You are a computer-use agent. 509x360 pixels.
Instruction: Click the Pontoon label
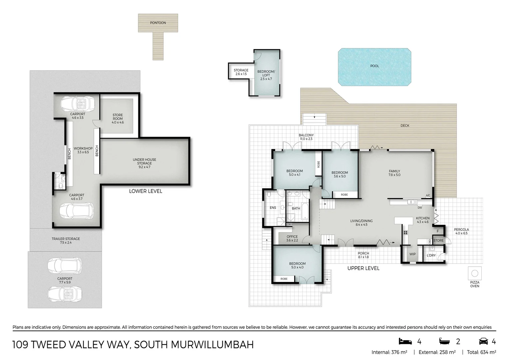click(x=158, y=23)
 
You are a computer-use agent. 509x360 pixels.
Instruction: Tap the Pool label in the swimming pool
click(x=374, y=66)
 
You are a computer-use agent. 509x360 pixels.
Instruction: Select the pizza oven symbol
click(x=475, y=273)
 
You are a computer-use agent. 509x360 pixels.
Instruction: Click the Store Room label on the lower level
click(x=118, y=119)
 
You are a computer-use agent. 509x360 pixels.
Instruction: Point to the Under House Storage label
click(x=144, y=163)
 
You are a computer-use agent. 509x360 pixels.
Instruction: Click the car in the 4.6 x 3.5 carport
click(x=78, y=104)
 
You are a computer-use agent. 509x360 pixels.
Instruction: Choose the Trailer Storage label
click(x=66, y=240)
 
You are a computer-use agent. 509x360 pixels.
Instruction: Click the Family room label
click(x=394, y=173)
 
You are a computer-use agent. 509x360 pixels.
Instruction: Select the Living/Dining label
click(x=361, y=222)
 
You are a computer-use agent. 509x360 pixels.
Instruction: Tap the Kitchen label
click(x=423, y=220)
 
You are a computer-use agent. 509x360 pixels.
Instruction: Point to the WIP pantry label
click(x=412, y=254)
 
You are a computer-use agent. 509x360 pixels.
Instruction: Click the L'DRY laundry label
click(x=431, y=255)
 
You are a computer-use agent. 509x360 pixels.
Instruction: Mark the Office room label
click(x=292, y=238)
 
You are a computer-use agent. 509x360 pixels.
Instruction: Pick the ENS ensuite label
click(x=273, y=208)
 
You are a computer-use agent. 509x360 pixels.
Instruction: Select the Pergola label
click(x=461, y=231)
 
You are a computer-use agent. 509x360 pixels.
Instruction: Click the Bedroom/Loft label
click(x=266, y=75)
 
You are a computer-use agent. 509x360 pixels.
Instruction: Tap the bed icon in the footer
click(x=405, y=341)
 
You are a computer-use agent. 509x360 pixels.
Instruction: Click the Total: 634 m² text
click(x=481, y=352)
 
